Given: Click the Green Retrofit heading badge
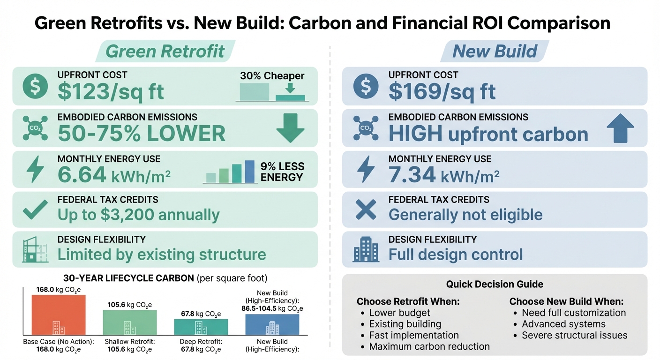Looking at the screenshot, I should [x=165, y=51].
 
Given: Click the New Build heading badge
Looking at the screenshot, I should [x=495, y=51].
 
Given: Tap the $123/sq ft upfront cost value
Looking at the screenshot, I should [x=111, y=92].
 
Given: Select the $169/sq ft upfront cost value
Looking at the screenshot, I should [x=442, y=92].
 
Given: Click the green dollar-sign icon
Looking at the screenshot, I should [x=35, y=86].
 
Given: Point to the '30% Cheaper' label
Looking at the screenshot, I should [x=272, y=76].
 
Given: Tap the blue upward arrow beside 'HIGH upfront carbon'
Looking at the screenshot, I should [x=620, y=128].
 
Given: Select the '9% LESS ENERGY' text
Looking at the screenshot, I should [x=282, y=172].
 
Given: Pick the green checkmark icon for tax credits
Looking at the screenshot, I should [x=35, y=210].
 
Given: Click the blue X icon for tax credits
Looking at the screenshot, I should [x=366, y=210].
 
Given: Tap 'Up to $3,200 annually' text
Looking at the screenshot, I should [x=138, y=215].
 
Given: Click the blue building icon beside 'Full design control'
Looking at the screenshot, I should [x=366, y=249].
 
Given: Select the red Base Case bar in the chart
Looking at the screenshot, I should [x=59, y=314].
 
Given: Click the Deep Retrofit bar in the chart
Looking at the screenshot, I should [x=201, y=327].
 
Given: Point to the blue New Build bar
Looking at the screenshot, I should [x=272, y=324].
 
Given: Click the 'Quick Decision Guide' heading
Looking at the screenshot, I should [x=495, y=284].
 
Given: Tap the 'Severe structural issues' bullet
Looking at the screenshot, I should [x=574, y=335].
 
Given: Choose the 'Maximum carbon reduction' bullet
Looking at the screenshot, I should [x=429, y=346].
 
